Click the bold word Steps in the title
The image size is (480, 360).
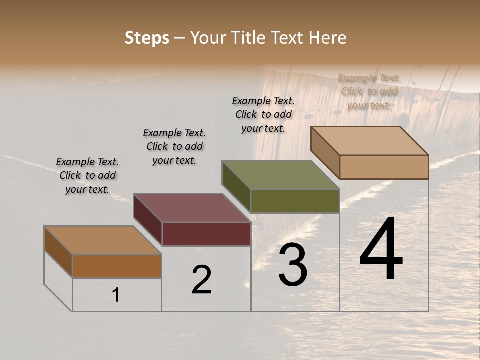[x=147, y=38]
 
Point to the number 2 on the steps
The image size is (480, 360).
[x=201, y=280]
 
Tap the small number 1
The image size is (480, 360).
[x=116, y=295]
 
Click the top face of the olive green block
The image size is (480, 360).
[x=281, y=175]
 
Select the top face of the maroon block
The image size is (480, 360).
[x=192, y=208]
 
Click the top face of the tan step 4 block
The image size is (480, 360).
[x=370, y=140]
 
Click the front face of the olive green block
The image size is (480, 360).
[x=295, y=201]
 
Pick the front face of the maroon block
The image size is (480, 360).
[x=206, y=234]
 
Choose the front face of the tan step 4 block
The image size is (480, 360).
[x=384, y=167]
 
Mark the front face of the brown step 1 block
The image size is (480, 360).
[x=117, y=266]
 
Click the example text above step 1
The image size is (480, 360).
[x=87, y=175]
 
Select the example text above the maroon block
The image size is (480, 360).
[x=174, y=146]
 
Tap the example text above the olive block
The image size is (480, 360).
[x=263, y=114]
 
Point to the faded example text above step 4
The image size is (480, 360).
[x=369, y=91]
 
